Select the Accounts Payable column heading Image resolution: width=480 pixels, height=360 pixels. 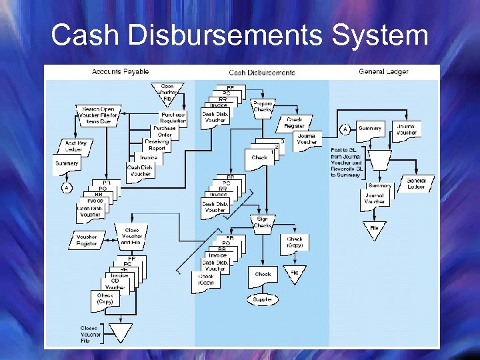coord(120,71)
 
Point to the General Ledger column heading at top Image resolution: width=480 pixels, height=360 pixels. coord(384,71)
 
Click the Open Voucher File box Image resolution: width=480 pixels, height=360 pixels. coord(168,93)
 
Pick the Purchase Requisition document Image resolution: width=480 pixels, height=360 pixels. coord(173,117)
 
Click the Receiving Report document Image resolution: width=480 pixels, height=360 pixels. coord(157,145)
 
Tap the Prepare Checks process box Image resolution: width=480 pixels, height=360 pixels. coord(263,107)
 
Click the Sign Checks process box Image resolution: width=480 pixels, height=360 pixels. coord(263,222)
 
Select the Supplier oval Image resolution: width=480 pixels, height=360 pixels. coord(263,299)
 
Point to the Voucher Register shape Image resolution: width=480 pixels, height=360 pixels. coord(86,239)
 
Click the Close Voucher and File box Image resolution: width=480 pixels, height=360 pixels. coord(132,235)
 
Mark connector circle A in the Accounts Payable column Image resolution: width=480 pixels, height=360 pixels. coord(67,187)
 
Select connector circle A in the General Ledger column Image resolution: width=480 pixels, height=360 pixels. coord(345,129)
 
